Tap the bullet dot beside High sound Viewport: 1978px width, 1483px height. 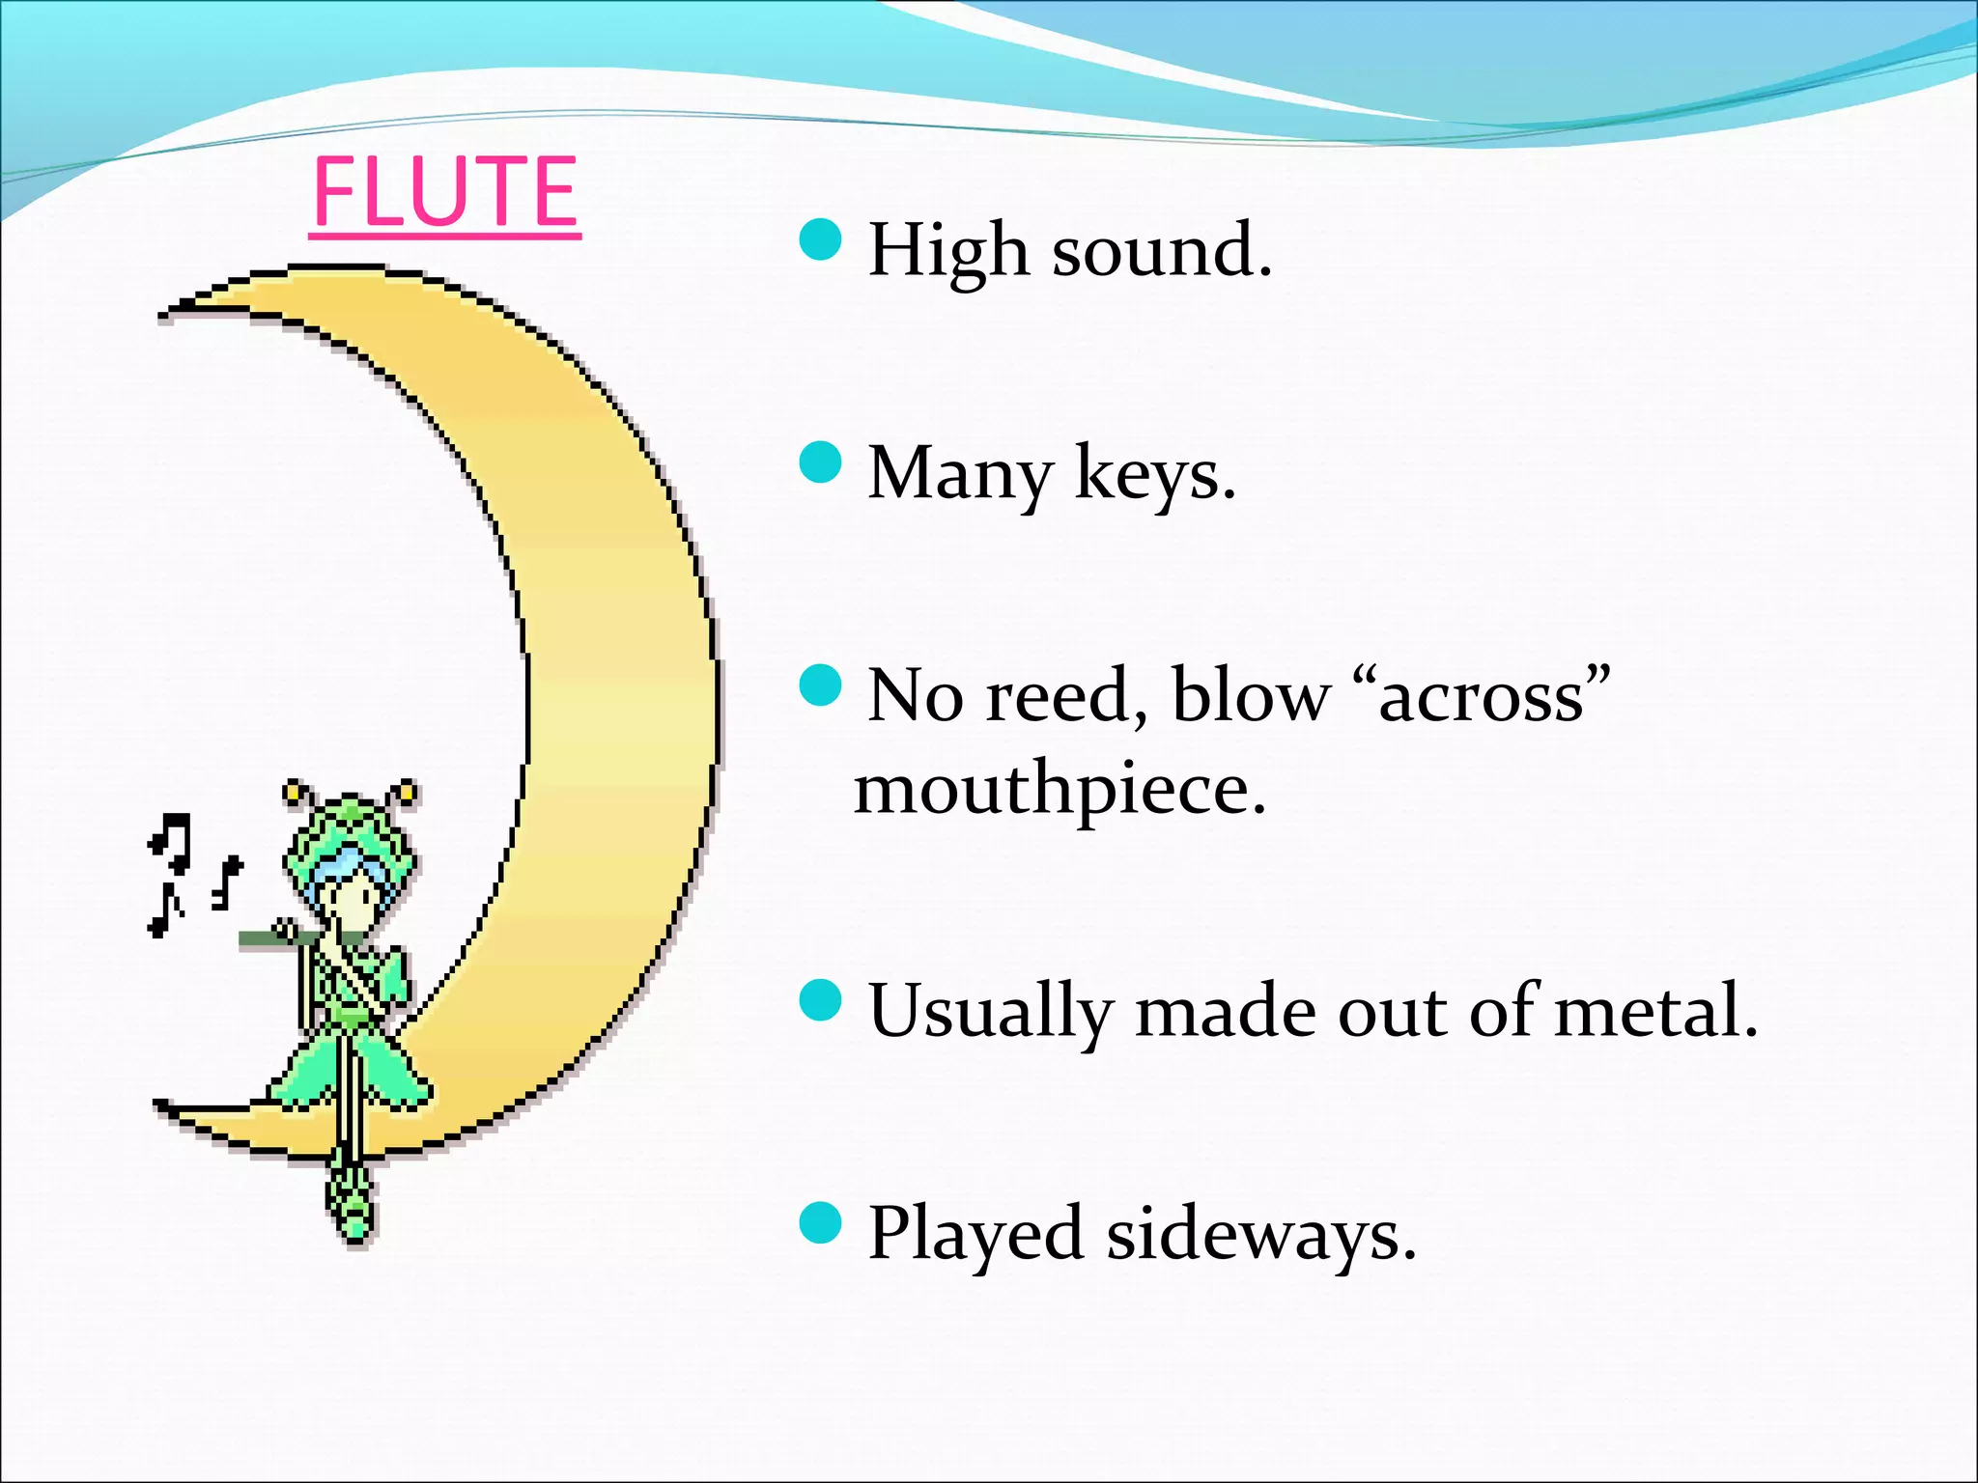coord(821,238)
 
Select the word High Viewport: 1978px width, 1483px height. coord(947,251)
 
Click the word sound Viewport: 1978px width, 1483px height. coord(1161,251)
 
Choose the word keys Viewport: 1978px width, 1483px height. coord(1154,474)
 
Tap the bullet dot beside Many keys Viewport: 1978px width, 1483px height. coord(821,462)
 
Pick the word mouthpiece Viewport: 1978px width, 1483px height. coord(1060,791)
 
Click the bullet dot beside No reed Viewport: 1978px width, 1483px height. coord(821,685)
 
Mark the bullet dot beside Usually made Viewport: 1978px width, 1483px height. coord(821,1000)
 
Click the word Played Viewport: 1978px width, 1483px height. coord(975,1235)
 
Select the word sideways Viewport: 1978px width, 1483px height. coord(1260,1235)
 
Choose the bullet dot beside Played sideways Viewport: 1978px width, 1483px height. coord(821,1222)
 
